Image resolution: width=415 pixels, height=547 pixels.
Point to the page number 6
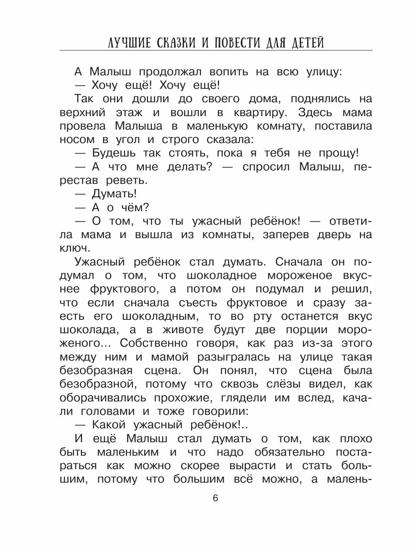tap(216, 499)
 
